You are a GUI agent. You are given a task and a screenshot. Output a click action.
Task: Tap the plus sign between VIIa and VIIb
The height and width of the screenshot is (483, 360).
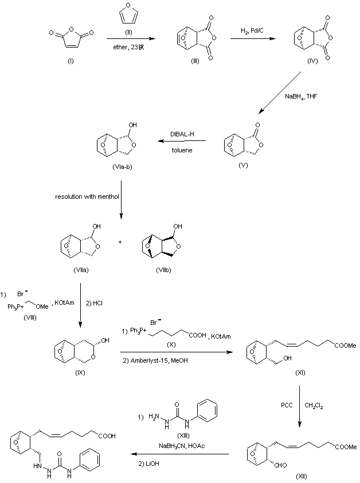tap(120, 242)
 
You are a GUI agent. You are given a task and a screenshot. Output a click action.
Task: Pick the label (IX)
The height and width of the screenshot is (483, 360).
tap(80, 372)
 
